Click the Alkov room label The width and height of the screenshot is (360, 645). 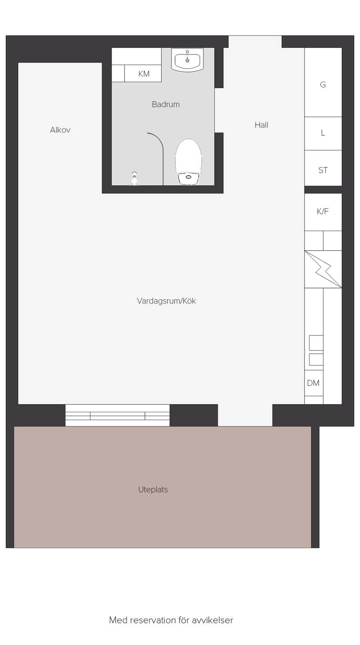click(x=60, y=130)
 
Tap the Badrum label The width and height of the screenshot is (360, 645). click(x=166, y=104)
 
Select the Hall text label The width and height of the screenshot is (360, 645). click(x=261, y=125)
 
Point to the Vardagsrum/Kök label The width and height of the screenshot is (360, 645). click(x=166, y=301)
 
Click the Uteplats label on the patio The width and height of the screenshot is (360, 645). click(x=153, y=490)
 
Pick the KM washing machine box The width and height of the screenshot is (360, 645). click(x=143, y=73)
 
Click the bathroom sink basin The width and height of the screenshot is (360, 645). click(x=187, y=60)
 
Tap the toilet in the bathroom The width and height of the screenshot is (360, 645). click(x=189, y=162)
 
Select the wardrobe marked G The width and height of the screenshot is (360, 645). click(x=323, y=82)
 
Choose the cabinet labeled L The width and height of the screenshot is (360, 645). click(x=323, y=133)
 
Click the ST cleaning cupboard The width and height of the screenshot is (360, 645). click(x=323, y=168)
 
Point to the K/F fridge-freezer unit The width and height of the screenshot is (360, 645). click(x=323, y=212)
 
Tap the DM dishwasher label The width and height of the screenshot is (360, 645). click(x=313, y=383)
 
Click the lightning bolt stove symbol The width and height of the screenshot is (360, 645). click(x=323, y=269)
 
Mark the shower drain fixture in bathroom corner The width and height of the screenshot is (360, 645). click(x=135, y=179)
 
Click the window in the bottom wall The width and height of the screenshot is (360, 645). click(x=117, y=415)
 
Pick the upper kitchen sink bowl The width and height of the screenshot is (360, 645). click(x=316, y=343)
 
